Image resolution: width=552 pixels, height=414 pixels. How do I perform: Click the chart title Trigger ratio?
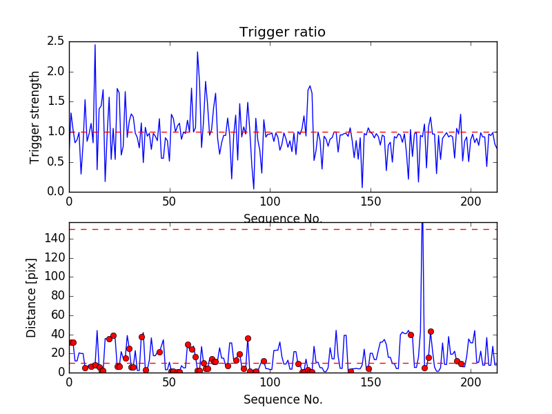tap(282, 32)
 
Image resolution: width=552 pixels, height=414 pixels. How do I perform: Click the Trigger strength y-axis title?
tap(35, 117)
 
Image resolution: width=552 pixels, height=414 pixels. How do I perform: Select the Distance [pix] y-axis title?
tap(32, 303)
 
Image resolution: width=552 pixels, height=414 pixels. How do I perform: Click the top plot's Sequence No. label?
tap(282, 219)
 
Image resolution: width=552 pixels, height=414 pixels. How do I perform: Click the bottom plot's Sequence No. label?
tap(282, 400)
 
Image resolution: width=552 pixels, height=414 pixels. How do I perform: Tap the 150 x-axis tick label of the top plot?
tap(371, 203)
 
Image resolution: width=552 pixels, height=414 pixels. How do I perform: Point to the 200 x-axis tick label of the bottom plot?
tap(471, 383)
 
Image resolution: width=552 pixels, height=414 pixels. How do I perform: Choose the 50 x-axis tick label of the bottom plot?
tap(169, 383)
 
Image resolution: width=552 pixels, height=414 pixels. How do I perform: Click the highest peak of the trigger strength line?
tap(95, 45)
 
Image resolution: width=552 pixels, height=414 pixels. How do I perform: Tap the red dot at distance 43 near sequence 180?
tap(431, 331)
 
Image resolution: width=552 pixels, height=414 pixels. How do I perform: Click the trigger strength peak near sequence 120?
tap(310, 86)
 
